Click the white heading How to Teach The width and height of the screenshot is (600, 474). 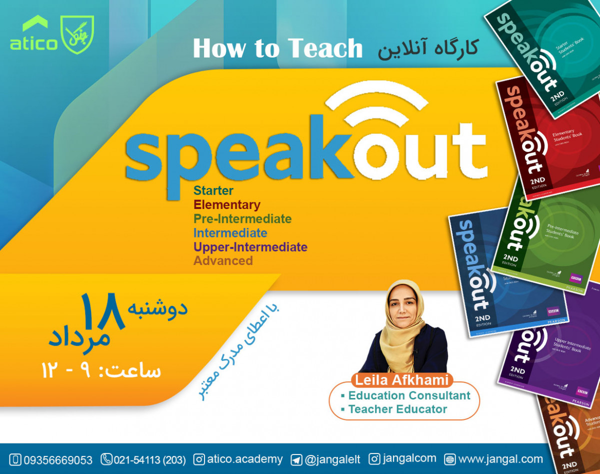tap(277, 48)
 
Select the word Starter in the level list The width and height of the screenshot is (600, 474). tap(213, 190)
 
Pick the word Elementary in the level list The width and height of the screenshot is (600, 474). tap(227, 204)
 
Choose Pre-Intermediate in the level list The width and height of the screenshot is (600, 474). tap(242, 218)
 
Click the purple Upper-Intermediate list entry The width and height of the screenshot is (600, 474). tap(250, 246)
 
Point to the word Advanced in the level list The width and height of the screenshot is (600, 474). tap(223, 260)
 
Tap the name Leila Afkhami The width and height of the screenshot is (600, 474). tap(403, 380)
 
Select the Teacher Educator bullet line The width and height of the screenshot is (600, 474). tap(397, 409)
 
